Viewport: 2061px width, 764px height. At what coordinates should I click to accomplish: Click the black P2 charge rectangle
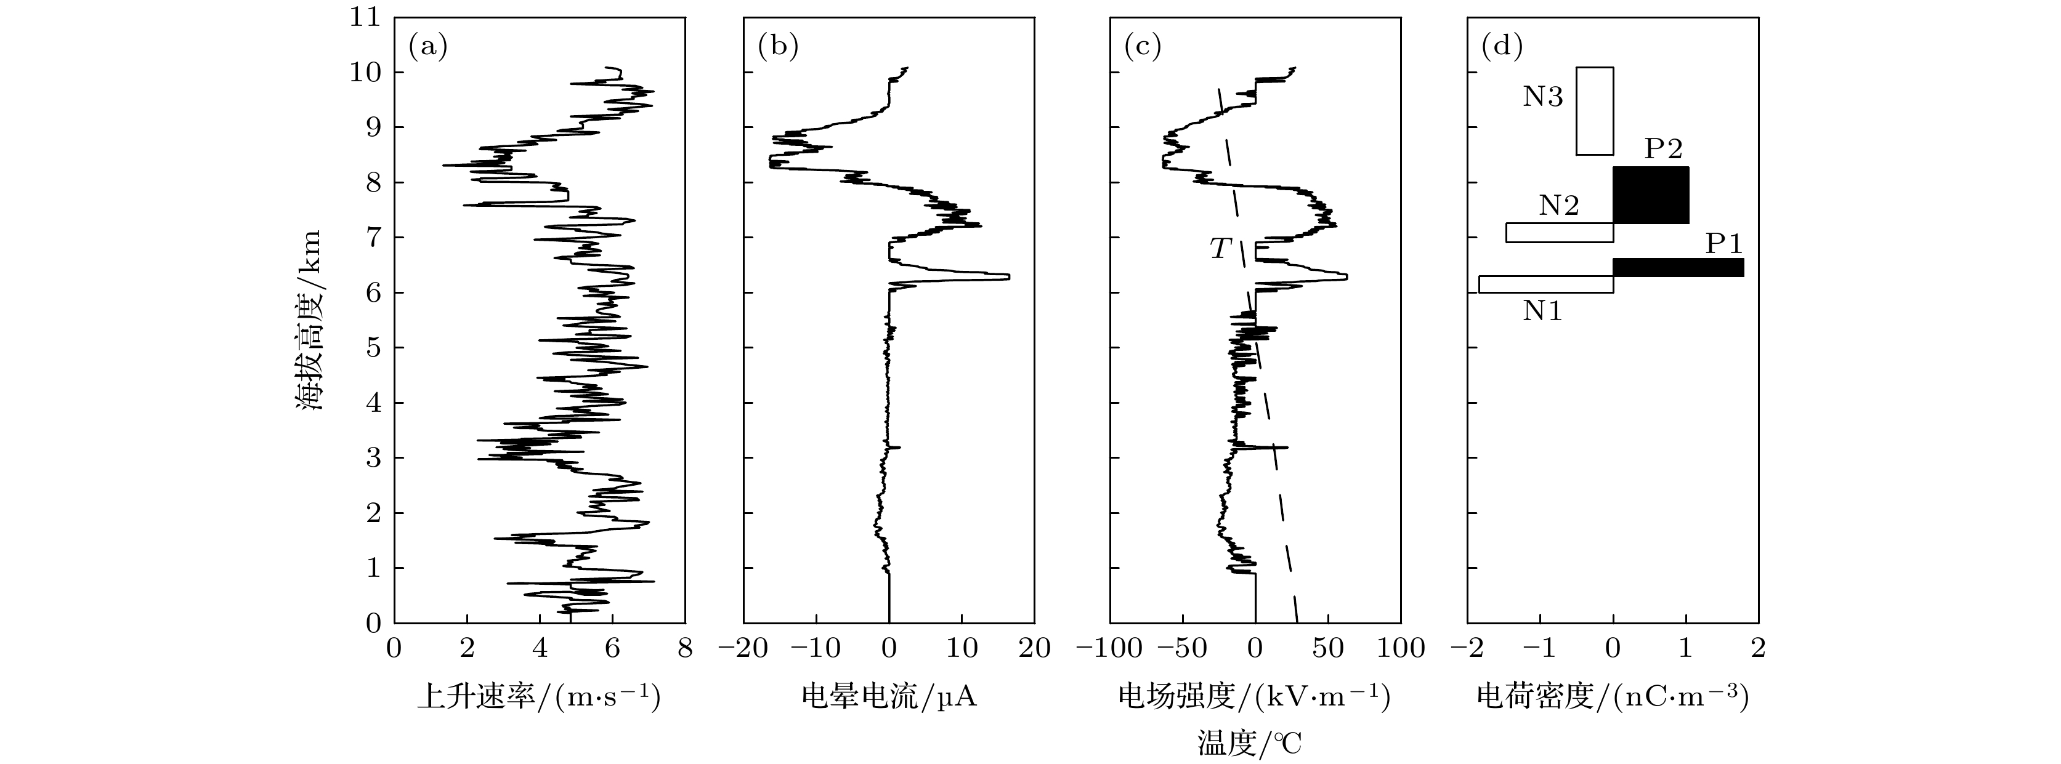[1651, 195]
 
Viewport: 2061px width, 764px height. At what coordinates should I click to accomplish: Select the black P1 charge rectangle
[1678, 267]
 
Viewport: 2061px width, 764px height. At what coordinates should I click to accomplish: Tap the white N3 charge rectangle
[1595, 111]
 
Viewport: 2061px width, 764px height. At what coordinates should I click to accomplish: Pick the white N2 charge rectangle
[1560, 232]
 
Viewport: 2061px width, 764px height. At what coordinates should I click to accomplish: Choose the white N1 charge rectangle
[1546, 284]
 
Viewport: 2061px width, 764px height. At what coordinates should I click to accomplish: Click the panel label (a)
[428, 47]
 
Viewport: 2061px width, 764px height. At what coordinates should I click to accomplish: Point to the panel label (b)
[778, 47]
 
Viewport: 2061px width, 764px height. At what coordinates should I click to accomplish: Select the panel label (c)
[1143, 47]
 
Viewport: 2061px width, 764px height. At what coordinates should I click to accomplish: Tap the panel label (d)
[1502, 47]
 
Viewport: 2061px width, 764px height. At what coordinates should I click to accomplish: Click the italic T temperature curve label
[1220, 249]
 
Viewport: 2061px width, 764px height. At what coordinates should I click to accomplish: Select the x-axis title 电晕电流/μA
[889, 698]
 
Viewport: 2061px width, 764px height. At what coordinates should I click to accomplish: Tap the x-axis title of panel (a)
[539, 698]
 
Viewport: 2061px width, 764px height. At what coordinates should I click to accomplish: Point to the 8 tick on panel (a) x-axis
[685, 649]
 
